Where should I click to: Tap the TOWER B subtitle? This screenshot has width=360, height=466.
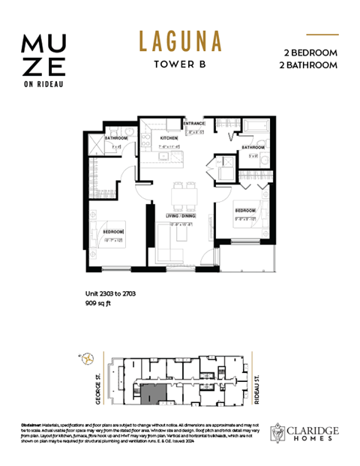click(x=180, y=64)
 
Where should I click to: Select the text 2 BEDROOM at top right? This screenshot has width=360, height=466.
click(x=310, y=53)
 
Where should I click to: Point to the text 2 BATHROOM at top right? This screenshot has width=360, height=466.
click(x=309, y=65)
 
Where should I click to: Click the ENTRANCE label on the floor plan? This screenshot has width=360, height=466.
click(x=196, y=124)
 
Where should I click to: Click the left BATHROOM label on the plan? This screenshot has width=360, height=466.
click(x=116, y=139)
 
